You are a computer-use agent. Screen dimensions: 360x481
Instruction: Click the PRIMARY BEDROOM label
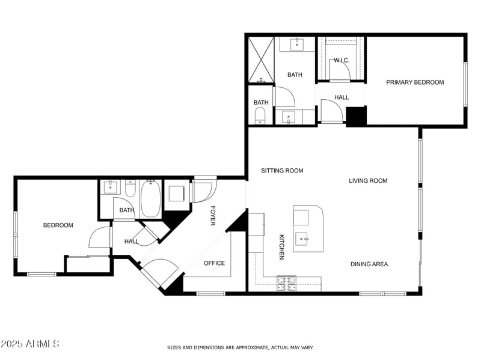(x=415, y=82)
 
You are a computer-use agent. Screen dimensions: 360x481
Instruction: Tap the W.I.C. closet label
(x=342, y=60)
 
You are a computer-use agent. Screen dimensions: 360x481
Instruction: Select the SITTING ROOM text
(x=282, y=171)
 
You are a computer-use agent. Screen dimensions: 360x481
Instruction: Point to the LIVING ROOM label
(x=368, y=180)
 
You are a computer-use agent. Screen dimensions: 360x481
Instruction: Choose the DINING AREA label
(x=369, y=264)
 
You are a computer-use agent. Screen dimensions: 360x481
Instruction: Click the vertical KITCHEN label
(x=281, y=247)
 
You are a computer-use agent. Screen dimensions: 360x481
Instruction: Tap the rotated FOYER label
(x=212, y=216)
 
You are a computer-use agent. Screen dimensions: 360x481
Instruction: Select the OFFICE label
(x=214, y=263)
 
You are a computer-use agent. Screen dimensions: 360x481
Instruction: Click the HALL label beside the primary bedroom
(x=342, y=97)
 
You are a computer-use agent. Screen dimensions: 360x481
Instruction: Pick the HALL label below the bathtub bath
(x=131, y=242)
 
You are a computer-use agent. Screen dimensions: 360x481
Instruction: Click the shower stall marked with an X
(x=261, y=60)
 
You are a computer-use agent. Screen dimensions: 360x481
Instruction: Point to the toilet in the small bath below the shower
(x=260, y=115)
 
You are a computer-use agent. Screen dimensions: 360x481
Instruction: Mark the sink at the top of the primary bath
(x=297, y=44)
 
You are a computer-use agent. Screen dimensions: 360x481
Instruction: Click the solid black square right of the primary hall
(x=356, y=116)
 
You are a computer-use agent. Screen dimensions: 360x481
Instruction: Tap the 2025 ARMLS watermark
(x=30, y=344)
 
